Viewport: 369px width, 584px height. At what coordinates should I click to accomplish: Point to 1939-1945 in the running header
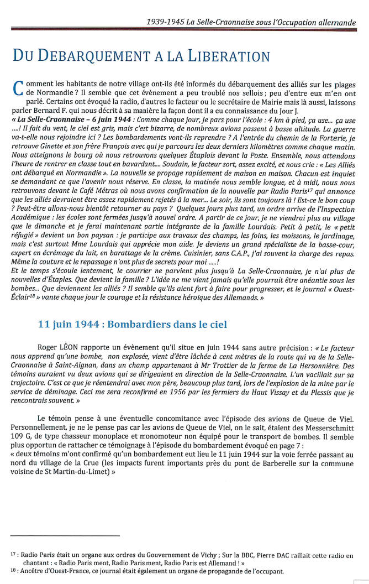click(x=163, y=23)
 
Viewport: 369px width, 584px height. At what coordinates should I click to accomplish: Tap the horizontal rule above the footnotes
click(x=65, y=535)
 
